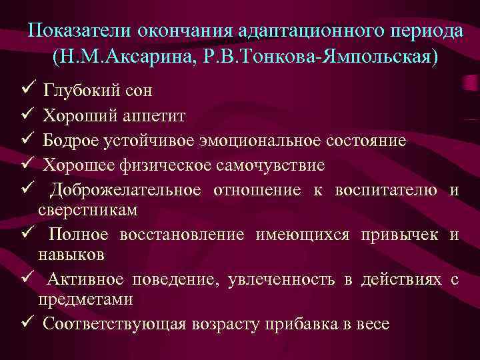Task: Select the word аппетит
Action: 152,115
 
